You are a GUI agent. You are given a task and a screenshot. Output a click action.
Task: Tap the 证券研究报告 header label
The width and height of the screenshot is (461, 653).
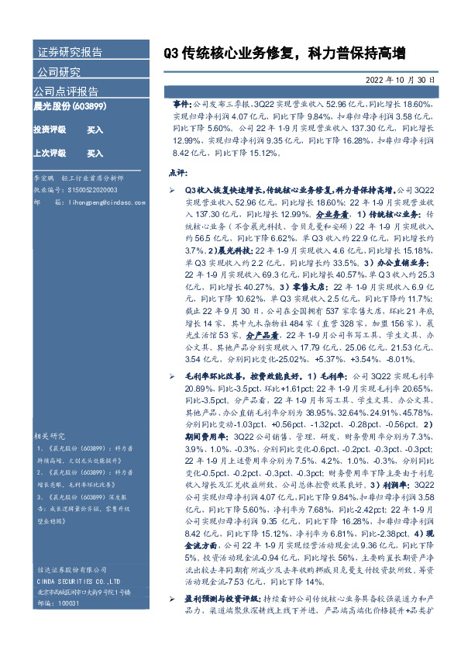point(70,53)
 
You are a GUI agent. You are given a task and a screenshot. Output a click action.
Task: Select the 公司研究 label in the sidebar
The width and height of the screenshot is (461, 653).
point(59,73)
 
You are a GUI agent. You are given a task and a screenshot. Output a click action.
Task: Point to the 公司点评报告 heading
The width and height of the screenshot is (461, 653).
point(66,91)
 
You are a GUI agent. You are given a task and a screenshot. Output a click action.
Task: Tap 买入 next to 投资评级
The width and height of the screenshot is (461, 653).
point(95,130)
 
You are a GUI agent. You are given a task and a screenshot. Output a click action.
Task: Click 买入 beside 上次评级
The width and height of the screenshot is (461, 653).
point(95,154)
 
